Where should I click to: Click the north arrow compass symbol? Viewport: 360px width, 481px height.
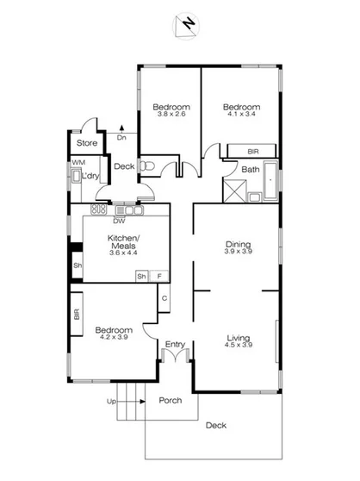pos(187,27)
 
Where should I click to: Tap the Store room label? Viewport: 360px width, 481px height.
pos(86,143)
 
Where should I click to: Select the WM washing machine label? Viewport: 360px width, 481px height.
pos(78,162)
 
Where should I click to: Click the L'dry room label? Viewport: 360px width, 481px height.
pos(91,177)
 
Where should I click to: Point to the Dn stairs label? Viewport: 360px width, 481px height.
pos(121,136)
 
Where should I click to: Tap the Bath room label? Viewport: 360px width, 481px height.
pos(251,170)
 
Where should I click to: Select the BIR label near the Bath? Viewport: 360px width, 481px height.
pos(253,152)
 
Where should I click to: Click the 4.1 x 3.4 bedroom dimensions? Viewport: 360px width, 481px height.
pos(244,116)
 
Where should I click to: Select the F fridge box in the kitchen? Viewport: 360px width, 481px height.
pos(158,276)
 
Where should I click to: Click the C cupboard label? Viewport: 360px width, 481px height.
pos(163,298)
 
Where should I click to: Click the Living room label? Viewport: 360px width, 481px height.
pos(238,337)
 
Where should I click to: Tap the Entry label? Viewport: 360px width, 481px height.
pos(175,345)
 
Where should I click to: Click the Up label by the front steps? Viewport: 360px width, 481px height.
pos(110,402)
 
